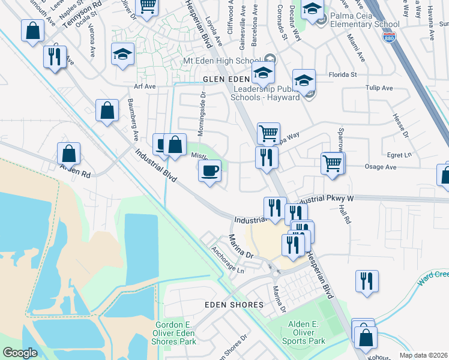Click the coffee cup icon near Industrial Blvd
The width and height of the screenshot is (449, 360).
(x=209, y=171)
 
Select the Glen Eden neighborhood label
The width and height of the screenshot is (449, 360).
(x=226, y=79)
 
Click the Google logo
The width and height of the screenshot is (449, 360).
(x=20, y=353)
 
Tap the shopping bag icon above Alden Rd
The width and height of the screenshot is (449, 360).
(x=69, y=154)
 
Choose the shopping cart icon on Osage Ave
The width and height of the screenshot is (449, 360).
(x=332, y=163)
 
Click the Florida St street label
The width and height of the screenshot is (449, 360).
(x=343, y=75)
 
